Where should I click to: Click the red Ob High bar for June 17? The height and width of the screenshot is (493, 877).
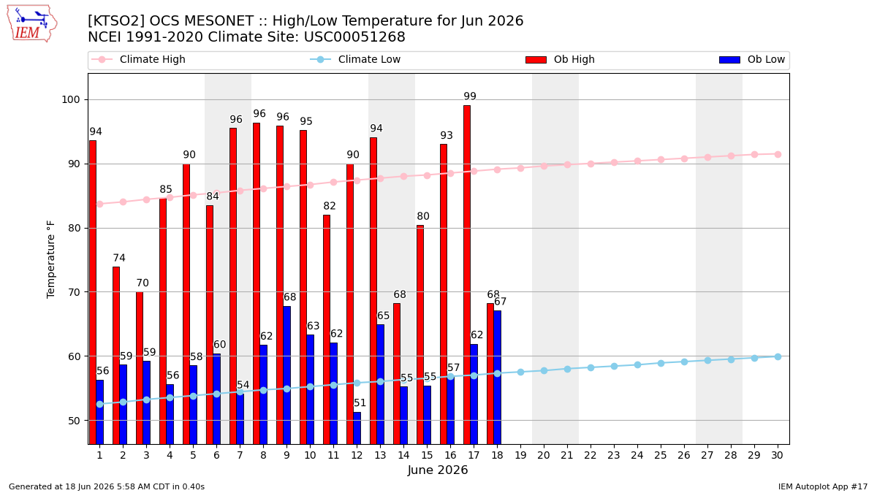[467, 275]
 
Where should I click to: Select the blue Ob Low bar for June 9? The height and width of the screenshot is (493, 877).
[287, 375]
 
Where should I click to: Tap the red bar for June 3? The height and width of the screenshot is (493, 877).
[140, 368]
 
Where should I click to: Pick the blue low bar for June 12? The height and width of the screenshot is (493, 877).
[357, 428]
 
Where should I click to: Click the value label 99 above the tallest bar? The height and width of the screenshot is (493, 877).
[470, 96]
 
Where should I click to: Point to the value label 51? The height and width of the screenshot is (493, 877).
[360, 402]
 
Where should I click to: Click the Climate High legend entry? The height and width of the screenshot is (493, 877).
[138, 59]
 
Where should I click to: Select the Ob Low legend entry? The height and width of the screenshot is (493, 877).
[752, 59]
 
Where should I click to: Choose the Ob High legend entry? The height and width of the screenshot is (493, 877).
[560, 59]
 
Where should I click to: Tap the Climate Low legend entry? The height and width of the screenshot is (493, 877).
[355, 59]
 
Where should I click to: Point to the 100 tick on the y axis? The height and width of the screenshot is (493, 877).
[70, 100]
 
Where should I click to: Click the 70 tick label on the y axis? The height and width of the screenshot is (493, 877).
[74, 292]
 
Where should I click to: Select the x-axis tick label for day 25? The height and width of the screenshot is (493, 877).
[661, 456]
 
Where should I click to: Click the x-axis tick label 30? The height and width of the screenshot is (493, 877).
[778, 456]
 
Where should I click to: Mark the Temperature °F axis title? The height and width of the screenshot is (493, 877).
[51, 259]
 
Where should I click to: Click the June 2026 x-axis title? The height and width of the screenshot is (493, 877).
[438, 470]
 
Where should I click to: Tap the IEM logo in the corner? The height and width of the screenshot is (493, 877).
[31, 24]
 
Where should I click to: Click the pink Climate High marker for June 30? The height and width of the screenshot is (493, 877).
[778, 155]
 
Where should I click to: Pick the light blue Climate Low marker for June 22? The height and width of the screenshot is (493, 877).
[591, 368]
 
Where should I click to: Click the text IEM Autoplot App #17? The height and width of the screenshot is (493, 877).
[823, 486]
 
